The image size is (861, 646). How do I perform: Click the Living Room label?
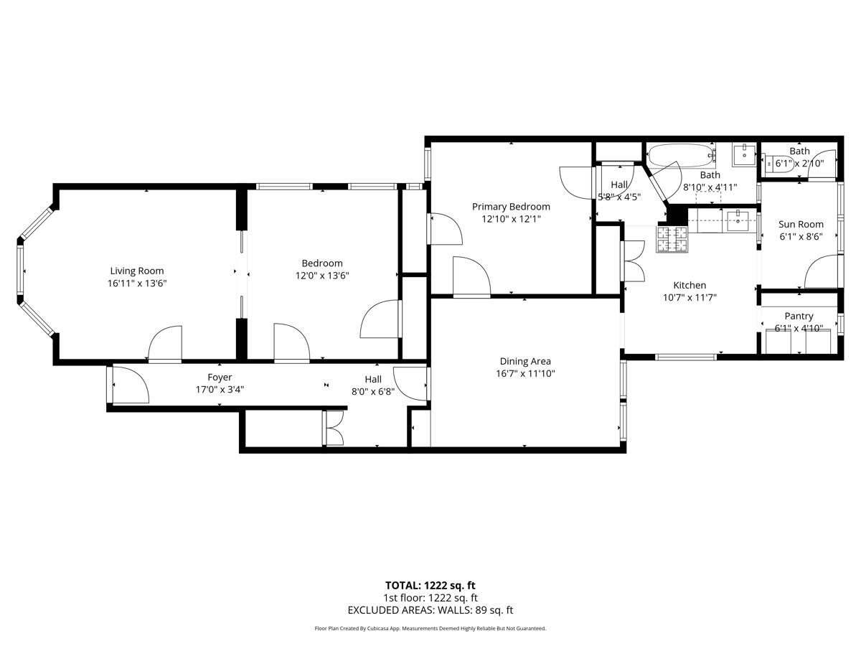136,271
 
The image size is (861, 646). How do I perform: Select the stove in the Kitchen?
672,239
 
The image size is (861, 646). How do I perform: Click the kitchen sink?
737,221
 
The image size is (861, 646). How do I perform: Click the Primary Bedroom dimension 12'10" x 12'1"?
511,219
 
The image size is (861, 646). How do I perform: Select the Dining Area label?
525,361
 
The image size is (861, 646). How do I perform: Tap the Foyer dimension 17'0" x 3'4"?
220,390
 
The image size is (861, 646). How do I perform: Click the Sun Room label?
801,224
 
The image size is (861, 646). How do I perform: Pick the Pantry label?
799,316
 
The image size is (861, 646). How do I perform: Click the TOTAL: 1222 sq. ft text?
430,585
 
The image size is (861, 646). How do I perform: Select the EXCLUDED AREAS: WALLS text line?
430,610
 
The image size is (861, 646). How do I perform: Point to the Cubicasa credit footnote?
430,628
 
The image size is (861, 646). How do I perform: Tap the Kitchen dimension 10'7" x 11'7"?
689,297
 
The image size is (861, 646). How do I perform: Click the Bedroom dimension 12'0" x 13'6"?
322,275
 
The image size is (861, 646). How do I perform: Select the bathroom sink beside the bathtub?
744,154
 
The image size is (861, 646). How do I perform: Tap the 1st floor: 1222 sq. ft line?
430,597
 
